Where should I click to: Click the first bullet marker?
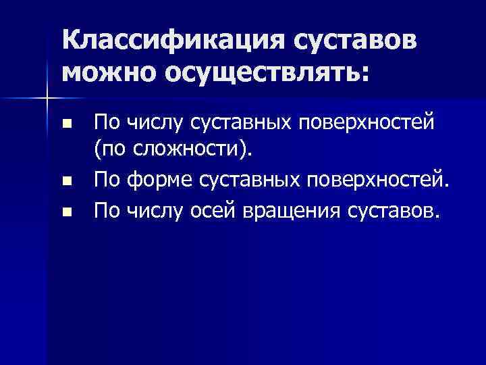pos(65,125)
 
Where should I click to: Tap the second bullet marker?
pos(65,181)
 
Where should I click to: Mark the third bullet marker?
pos(65,213)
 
